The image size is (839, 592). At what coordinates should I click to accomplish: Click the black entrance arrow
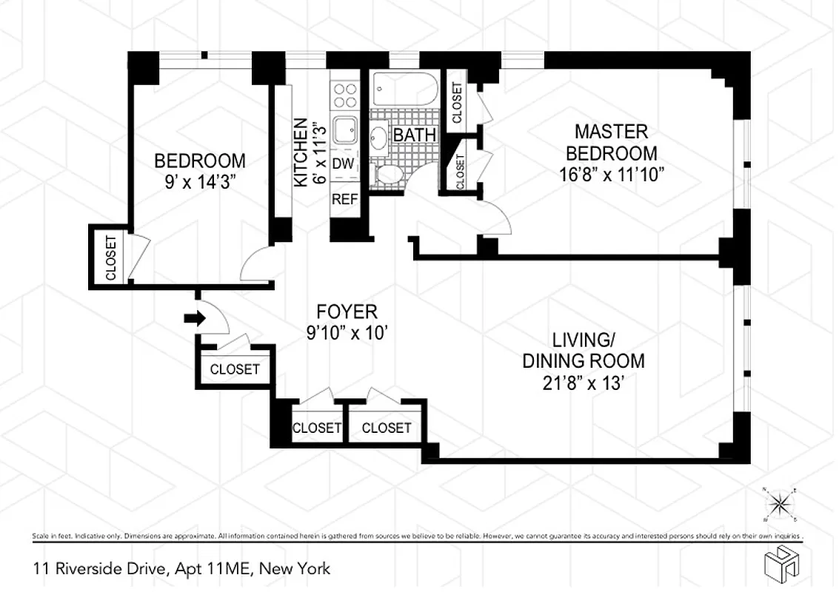click(x=194, y=317)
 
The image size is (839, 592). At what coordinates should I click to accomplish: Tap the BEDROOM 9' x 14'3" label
click(x=199, y=170)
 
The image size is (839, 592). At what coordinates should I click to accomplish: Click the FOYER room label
click(x=347, y=322)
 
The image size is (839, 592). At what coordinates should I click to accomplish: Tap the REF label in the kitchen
click(x=344, y=198)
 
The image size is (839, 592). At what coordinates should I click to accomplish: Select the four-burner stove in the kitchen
click(x=344, y=95)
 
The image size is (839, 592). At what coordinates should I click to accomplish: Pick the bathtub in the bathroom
click(x=399, y=89)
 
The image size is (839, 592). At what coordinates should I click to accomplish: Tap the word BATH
click(x=414, y=135)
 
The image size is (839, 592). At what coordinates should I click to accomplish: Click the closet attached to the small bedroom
click(x=110, y=256)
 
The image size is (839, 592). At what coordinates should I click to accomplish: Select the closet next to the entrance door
click(x=234, y=369)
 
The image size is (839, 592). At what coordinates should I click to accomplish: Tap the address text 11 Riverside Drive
click(x=181, y=568)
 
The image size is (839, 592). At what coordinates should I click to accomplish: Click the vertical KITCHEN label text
click(x=301, y=152)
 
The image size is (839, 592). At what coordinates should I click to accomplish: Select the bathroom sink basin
click(x=378, y=136)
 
